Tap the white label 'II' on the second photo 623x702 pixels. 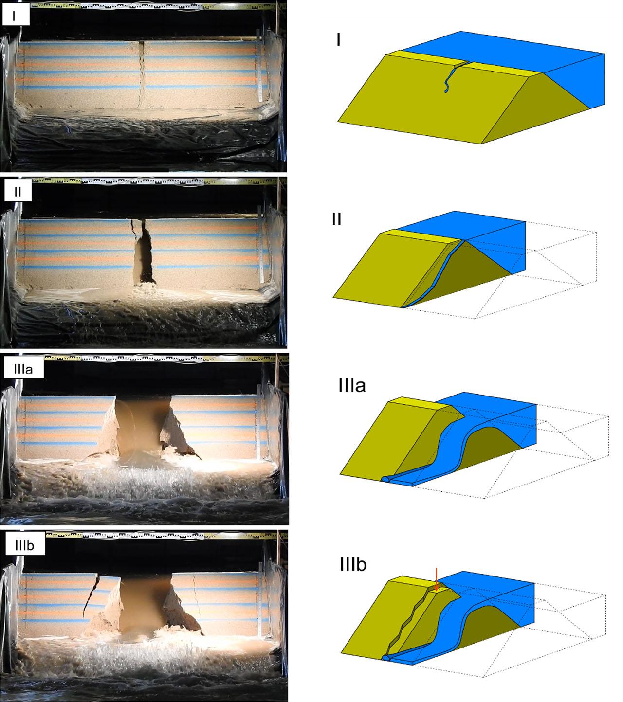pos(18,191)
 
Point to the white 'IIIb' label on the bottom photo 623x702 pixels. pos(26,545)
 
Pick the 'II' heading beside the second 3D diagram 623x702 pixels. pos(336,219)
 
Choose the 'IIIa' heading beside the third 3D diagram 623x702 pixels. pos(359,387)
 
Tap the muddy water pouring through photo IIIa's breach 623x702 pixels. pos(139,428)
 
